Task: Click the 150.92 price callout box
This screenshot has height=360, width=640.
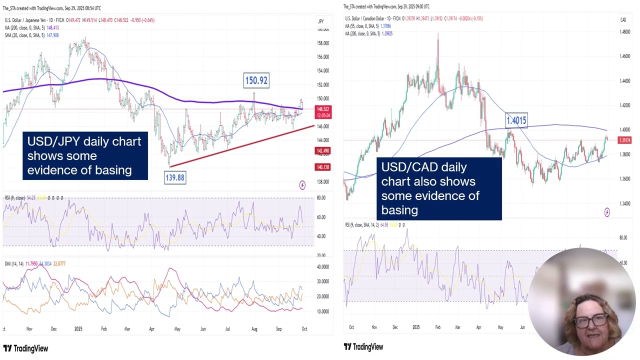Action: [x=256, y=80]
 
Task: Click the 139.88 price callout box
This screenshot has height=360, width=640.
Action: [x=174, y=177]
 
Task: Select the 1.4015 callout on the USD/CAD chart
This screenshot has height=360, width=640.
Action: [x=516, y=120]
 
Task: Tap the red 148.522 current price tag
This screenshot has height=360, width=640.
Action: [x=323, y=109]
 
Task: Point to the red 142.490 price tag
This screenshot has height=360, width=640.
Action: [x=323, y=151]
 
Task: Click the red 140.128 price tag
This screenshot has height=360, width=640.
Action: [x=323, y=167]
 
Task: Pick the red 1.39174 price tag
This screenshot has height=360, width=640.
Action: [x=625, y=140]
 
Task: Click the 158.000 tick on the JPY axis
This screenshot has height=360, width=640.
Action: [x=323, y=43]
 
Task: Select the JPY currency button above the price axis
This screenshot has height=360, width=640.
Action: [x=321, y=21]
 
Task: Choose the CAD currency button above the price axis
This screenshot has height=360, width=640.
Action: [x=623, y=20]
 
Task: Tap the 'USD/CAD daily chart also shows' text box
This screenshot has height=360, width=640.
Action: [x=438, y=188]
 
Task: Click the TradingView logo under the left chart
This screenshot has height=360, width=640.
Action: [x=25, y=348]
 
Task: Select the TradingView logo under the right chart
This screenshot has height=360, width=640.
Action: [x=363, y=347]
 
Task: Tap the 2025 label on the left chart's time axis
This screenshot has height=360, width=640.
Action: [x=78, y=329]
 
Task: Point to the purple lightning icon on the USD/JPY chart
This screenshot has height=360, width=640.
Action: [x=302, y=186]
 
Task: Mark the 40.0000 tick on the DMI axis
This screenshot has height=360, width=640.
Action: [x=323, y=266]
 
